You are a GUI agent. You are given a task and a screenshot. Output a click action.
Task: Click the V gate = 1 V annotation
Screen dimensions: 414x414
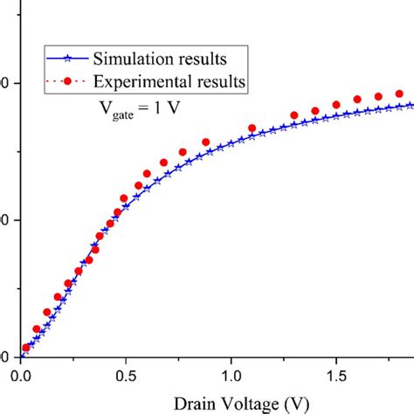click(139, 111)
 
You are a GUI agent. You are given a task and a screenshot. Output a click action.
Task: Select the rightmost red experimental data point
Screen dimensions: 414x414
click(399, 93)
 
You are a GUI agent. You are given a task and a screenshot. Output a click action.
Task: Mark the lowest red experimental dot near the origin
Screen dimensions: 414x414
click(26, 348)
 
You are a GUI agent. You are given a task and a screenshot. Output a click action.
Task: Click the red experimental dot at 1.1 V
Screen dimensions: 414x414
click(252, 128)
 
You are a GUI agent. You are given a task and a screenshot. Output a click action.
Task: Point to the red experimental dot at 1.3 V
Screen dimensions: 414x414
click(293, 113)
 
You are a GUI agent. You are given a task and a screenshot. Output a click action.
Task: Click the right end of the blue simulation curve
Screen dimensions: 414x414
click(411, 105)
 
